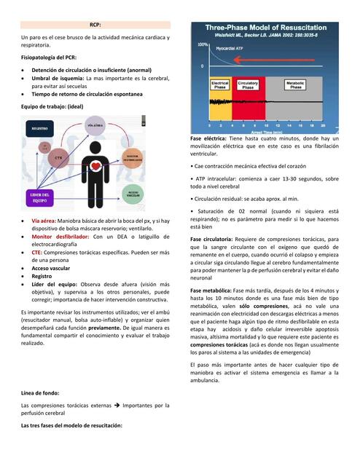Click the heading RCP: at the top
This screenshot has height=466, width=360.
[x=95, y=24]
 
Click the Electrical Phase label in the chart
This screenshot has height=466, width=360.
[x=220, y=86]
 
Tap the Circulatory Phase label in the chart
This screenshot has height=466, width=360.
[x=248, y=86]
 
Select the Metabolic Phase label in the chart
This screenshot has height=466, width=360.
[x=294, y=86]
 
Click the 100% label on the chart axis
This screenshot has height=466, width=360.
[x=203, y=45]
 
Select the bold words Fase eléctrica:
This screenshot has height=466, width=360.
[x=208, y=138]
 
